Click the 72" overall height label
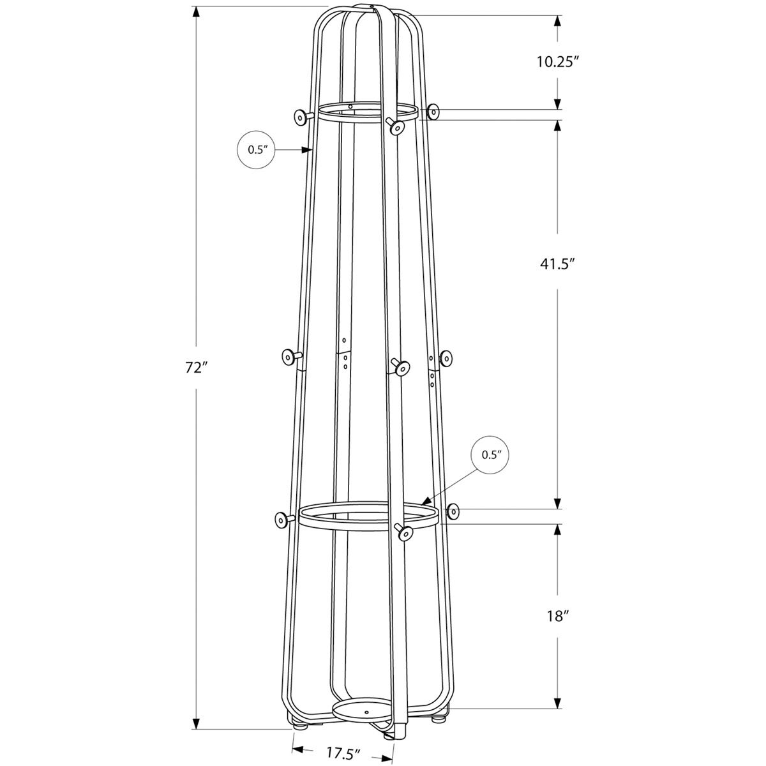[197, 368]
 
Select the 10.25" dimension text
[557, 62]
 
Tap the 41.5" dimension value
[557, 263]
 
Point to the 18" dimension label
[557, 616]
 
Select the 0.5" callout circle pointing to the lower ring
[492, 455]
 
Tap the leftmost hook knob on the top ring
[300, 116]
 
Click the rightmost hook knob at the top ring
[435, 112]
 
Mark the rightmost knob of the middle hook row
[446, 359]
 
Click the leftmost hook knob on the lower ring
[281, 520]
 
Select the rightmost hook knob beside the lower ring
[454, 511]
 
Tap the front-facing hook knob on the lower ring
[404, 533]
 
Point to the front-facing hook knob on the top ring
[397, 128]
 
